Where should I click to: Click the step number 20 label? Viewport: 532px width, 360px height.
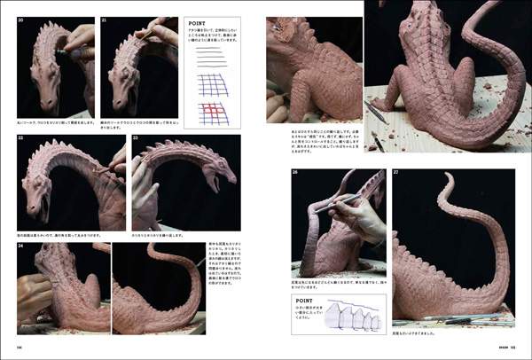[x=20, y=20]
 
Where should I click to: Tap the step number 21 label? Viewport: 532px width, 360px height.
[x=104, y=20]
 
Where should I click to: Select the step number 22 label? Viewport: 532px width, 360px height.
[x=20, y=138]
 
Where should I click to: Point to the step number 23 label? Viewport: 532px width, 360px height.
[x=136, y=138]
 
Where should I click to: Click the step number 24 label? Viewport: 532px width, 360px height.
[x=20, y=246]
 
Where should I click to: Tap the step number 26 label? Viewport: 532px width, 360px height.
[x=295, y=172]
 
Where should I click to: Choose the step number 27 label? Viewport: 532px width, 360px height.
[x=396, y=172]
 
